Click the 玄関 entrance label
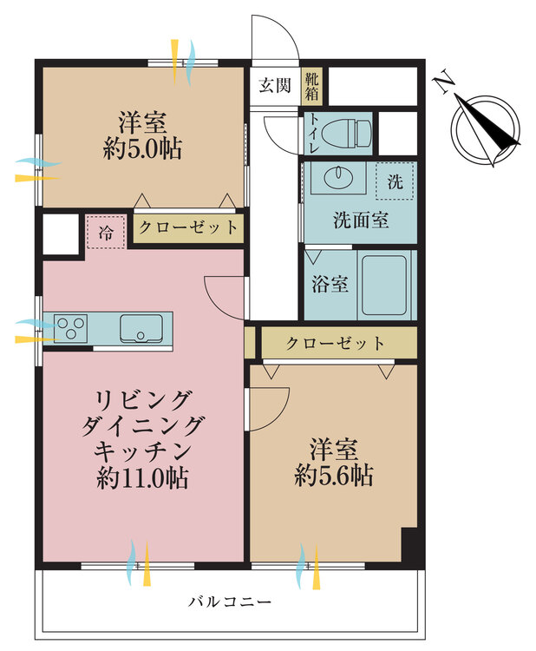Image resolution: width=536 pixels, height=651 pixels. point(274,86)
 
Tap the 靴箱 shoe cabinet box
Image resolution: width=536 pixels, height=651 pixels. point(310,86)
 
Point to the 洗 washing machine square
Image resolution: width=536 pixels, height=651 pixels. point(395,182)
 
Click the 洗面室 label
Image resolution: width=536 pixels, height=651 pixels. point(360,220)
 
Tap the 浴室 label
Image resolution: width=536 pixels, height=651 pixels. point(330,284)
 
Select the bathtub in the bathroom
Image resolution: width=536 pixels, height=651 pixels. point(387,284)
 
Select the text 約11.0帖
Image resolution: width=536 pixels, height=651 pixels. point(144,477)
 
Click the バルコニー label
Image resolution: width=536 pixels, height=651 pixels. point(230,601)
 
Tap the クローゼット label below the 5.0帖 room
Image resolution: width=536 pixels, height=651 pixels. point(188,227)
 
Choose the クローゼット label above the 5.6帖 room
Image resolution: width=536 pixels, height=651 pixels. point(335,342)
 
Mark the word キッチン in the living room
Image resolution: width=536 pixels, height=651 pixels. point(144,451)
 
